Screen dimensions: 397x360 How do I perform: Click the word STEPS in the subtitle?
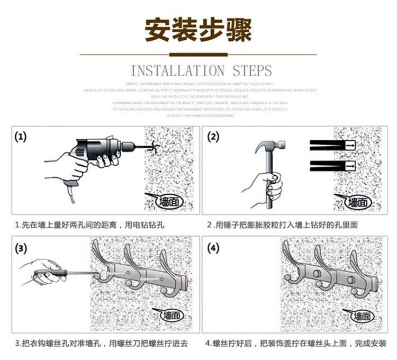pyautogui.click(x=252, y=70)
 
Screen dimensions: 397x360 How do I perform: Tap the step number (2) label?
pyautogui.click(x=213, y=138)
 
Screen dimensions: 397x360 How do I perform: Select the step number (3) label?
pyautogui.click(x=21, y=248)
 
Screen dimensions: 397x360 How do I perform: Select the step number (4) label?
pyautogui.click(x=213, y=248)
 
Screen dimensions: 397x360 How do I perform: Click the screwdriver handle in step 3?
pyautogui.click(x=45, y=275)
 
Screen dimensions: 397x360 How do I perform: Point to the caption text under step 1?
pyautogui.click(x=90, y=225)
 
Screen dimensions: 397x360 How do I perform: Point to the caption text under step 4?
pyautogui.click(x=296, y=343)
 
